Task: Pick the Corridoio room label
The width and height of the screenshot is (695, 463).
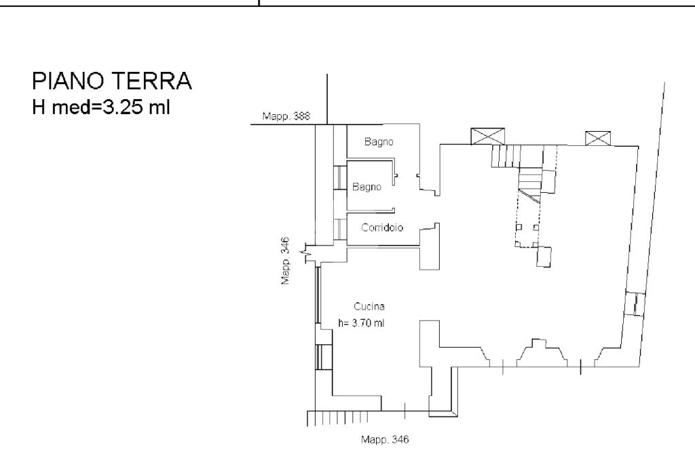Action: pos(382,228)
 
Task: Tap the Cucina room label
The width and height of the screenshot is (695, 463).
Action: pos(369,306)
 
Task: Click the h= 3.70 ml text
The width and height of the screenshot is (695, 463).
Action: pos(361,323)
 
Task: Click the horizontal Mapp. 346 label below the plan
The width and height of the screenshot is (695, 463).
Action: pos(385,439)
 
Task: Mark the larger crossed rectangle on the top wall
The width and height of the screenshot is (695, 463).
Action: pos(487,136)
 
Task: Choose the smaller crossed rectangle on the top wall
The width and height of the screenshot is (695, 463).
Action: pos(598,138)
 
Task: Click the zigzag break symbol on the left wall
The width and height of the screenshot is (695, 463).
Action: pos(309,253)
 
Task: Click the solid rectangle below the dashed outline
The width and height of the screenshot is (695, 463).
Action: pos(544,257)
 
